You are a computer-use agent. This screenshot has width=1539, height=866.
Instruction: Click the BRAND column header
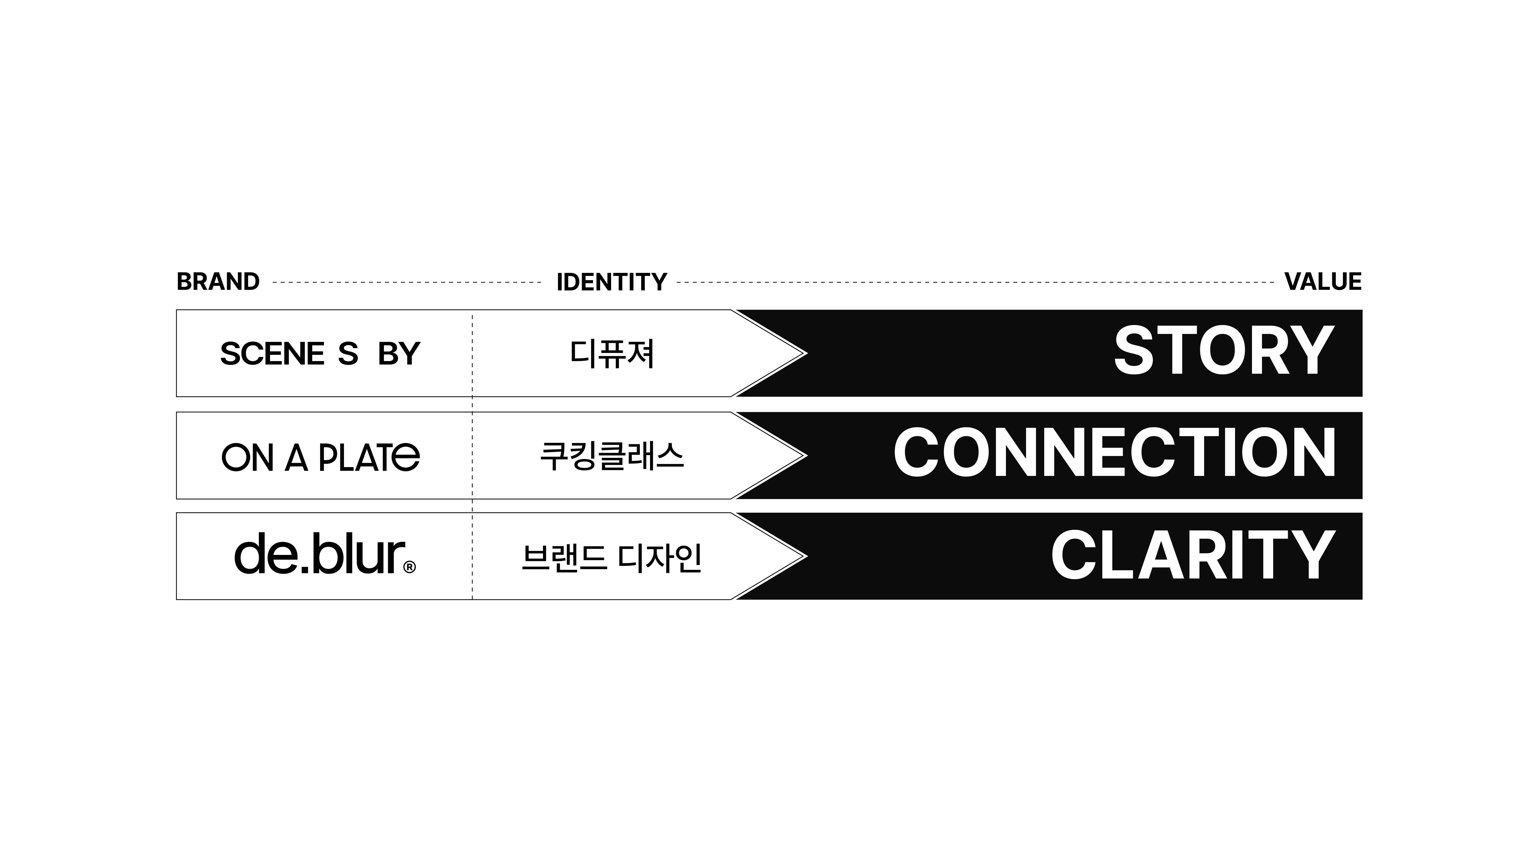(218, 282)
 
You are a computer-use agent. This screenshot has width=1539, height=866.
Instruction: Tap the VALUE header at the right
(1323, 282)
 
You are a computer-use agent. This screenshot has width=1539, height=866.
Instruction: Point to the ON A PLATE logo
(320, 457)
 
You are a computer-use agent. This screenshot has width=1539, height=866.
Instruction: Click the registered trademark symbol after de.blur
(410, 567)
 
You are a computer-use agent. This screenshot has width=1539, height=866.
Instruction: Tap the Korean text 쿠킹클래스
(612, 456)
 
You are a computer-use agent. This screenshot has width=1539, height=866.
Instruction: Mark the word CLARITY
(1193, 556)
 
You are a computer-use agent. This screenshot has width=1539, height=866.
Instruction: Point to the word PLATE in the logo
(369, 457)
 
